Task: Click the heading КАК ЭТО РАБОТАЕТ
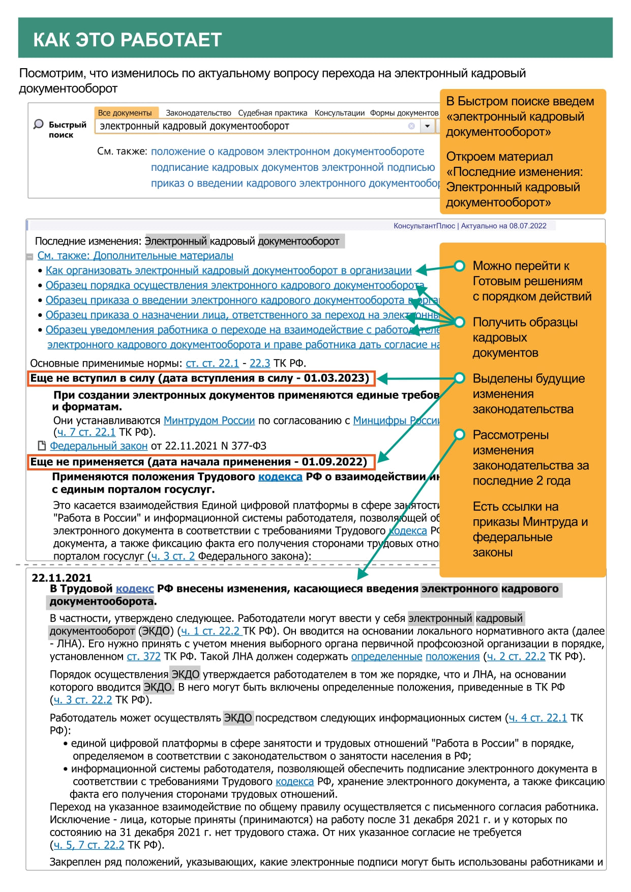coord(127,40)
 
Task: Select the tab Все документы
coord(125,113)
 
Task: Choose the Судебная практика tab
coord(273,113)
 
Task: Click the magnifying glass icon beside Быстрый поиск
coord(38,124)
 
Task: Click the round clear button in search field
coord(411,126)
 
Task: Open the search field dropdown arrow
coord(428,126)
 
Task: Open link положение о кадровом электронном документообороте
coord(287,152)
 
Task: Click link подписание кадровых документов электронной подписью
coord(293,167)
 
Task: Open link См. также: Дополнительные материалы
coord(135,256)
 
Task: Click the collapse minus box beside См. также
coord(30,257)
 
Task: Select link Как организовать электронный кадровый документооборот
coord(228,271)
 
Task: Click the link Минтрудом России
coord(209,421)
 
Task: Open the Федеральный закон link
coord(99,446)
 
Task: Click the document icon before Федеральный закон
coord(42,445)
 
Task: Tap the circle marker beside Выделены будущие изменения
coord(460,378)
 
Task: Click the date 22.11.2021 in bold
coord(62,578)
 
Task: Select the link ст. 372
coord(144,657)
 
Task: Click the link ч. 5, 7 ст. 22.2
coord(88,845)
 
